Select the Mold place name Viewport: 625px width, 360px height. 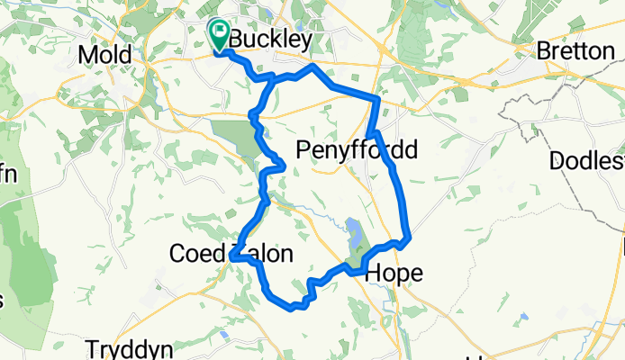click(104, 55)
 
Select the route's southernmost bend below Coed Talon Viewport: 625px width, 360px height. click(292, 307)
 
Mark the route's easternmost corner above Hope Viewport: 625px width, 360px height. click(410, 238)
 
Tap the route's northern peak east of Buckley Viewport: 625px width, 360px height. click(312, 67)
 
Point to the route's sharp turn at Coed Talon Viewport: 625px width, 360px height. click(232, 257)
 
